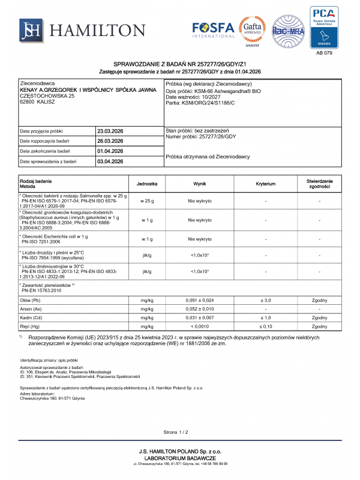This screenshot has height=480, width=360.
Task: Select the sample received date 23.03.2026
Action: (x=110, y=130)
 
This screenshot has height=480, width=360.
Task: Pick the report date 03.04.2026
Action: (x=110, y=161)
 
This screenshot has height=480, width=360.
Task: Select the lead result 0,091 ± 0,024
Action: (x=200, y=299)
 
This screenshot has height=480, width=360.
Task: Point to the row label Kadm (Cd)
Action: (x=31, y=317)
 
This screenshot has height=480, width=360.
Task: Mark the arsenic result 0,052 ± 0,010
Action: (x=200, y=308)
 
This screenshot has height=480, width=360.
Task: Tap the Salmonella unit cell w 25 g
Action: (x=147, y=201)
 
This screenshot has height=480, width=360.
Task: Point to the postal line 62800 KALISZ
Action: (x=38, y=102)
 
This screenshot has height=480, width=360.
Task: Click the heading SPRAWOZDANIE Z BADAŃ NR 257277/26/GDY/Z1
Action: (x=181, y=64)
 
